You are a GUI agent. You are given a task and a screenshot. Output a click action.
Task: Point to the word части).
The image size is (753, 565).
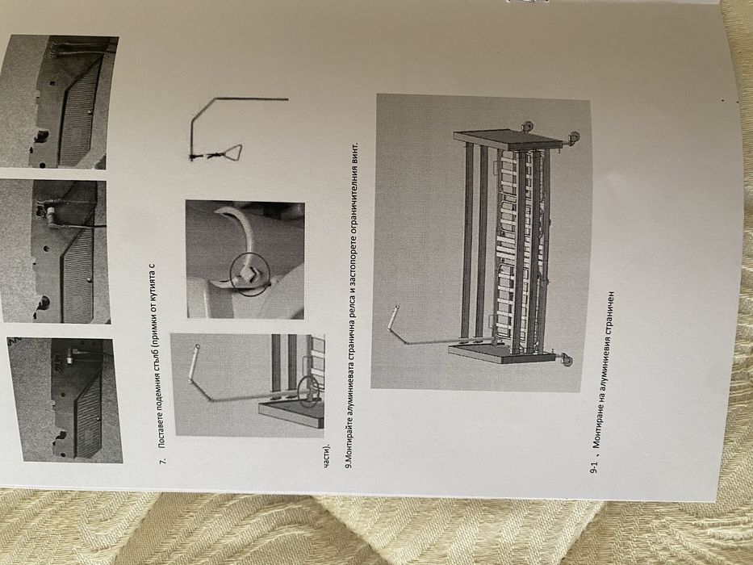pos(327,456)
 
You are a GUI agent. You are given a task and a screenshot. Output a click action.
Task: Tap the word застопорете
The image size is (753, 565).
pos(352,264)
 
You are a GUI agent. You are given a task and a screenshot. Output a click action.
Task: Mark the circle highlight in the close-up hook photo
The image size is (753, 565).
pos(249,274)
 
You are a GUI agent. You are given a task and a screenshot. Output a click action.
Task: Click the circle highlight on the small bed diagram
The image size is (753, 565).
pos(308,391)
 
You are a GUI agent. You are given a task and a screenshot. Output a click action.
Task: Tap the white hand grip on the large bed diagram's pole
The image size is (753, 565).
pos(392,318)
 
